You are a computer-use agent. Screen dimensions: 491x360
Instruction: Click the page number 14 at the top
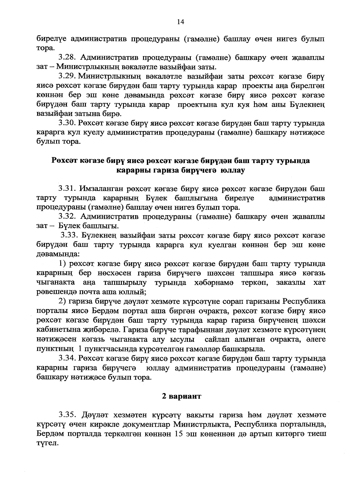pos(180,22)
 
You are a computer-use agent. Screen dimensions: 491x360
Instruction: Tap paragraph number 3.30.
pos(67,123)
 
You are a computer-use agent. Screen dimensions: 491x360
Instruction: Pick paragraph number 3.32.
pos(67,217)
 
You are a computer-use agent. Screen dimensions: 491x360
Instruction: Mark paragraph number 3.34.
pos(67,358)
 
